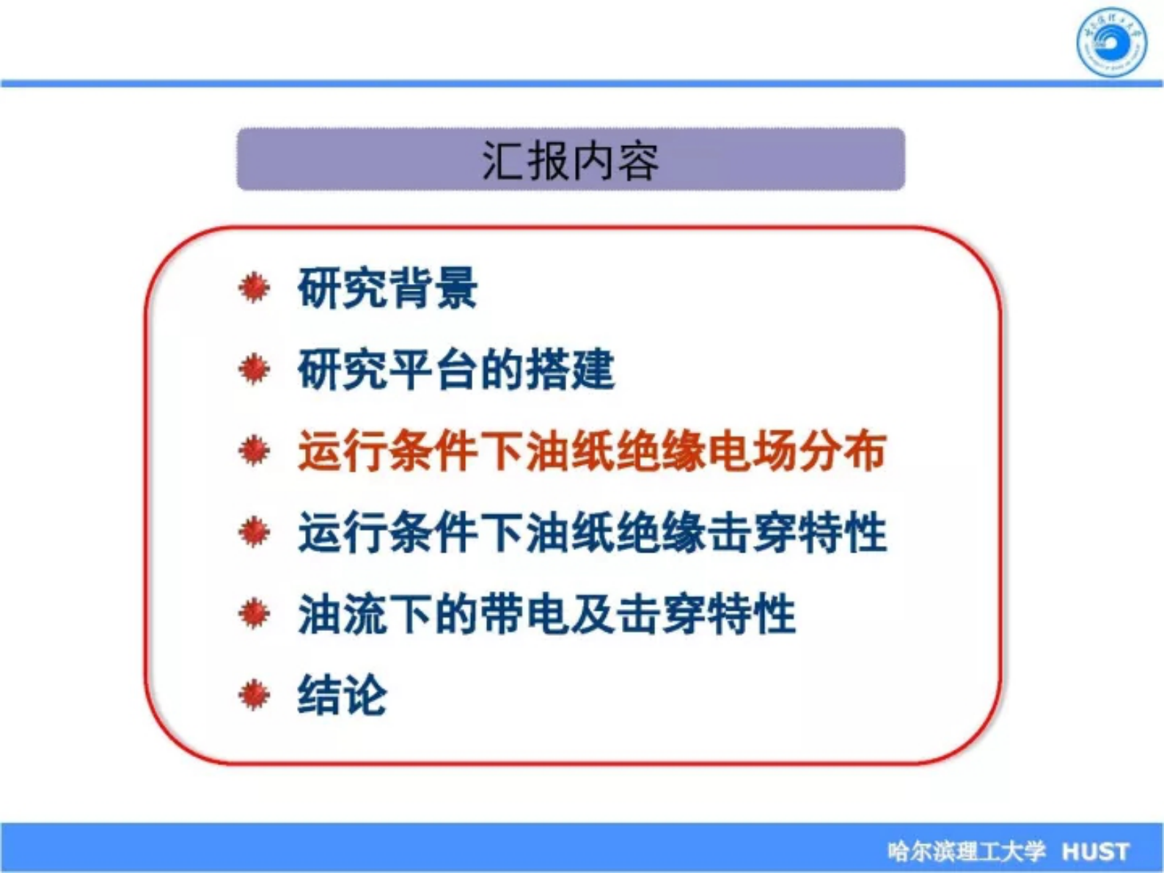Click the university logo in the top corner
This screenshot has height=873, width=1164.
[x=1111, y=43]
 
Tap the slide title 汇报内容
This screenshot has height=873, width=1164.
[x=570, y=161]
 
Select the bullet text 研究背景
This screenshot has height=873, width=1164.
[x=387, y=288]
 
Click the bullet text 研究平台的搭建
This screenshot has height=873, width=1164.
[x=455, y=369]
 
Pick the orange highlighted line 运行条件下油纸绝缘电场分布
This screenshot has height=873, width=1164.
[x=592, y=450]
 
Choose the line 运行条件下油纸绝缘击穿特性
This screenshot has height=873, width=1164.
[x=592, y=532]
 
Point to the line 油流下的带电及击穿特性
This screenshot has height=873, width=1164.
[x=546, y=613]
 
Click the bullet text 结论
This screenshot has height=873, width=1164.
[x=342, y=694]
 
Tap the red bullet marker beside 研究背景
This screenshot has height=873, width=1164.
[x=254, y=288]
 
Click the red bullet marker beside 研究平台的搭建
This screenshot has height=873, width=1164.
[x=254, y=368]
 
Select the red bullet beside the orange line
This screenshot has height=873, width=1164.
[x=254, y=450]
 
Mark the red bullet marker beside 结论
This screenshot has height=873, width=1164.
[x=254, y=694]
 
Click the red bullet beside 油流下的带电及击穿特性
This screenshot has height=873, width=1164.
[x=254, y=613]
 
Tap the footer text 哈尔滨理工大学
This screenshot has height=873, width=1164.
[x=965, y=851]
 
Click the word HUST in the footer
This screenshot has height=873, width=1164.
[x=1096, y=851]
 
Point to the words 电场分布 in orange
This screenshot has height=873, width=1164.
[x=797, y=450]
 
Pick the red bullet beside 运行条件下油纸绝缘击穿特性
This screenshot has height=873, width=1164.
[x=254, y=532]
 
